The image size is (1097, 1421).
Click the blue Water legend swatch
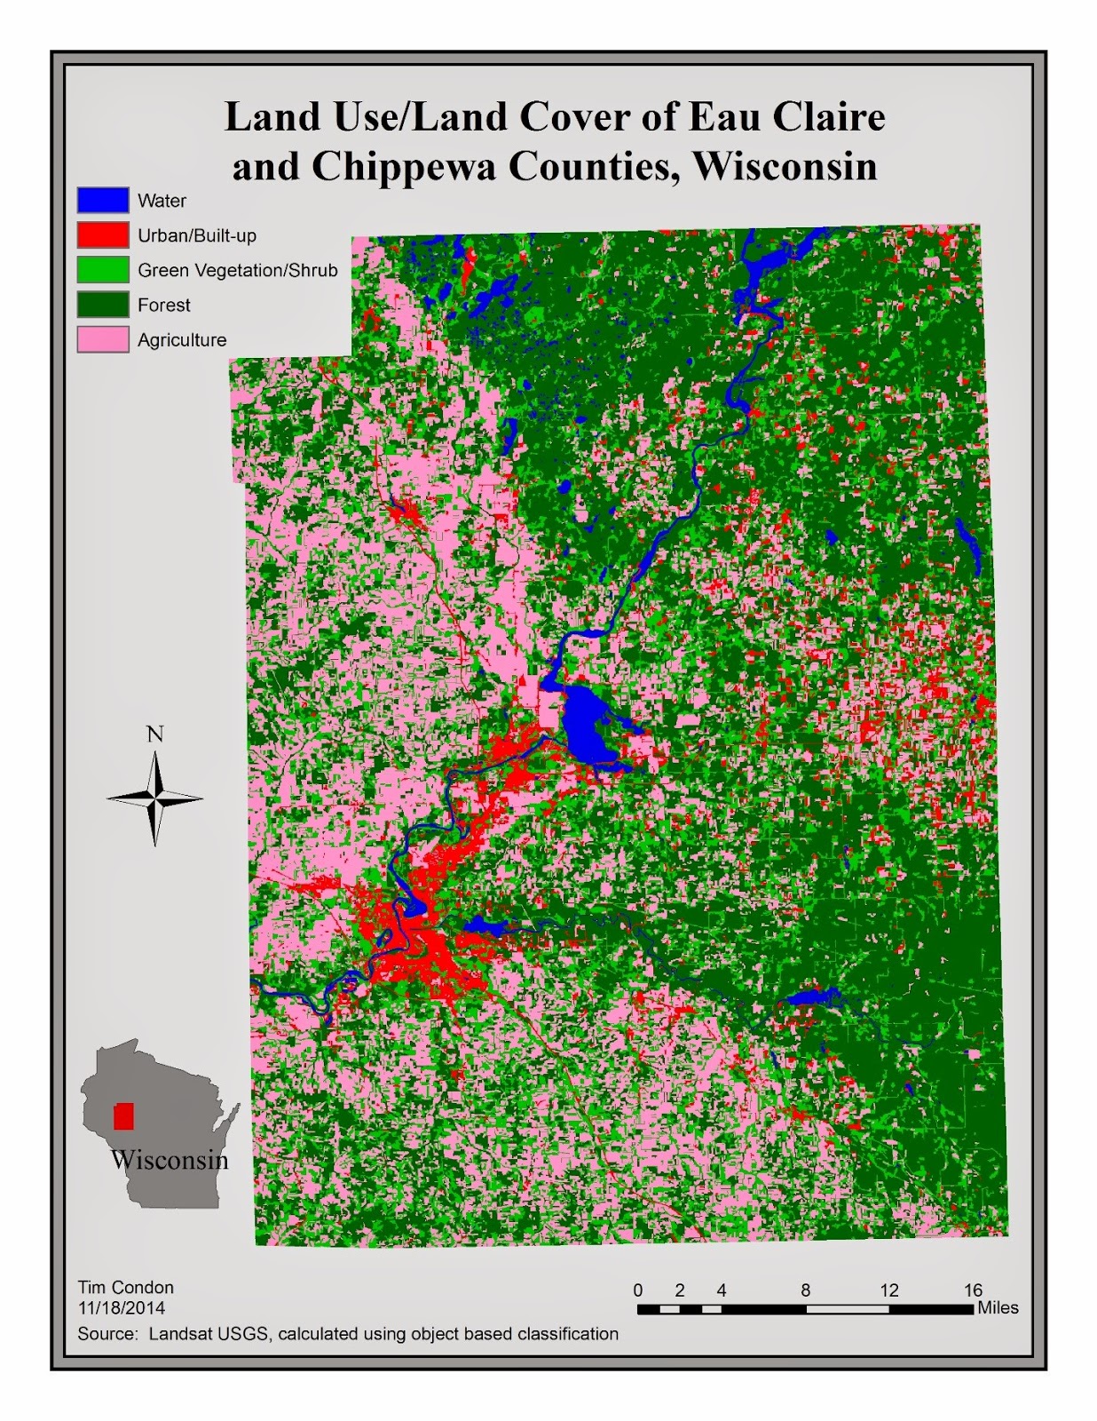click(103, 201)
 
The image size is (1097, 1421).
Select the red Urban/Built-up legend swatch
click(103, 235)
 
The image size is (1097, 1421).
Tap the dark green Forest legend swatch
click(103, 305)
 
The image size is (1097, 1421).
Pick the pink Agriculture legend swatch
click(103, 339)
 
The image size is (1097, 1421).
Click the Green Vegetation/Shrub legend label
click(237, 270)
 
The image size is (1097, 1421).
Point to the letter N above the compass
click(155, 734)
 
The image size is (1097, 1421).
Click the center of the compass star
click(155, 798)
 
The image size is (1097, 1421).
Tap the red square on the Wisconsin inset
click(123, 1116)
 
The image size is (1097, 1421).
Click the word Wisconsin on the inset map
click(170, 1160)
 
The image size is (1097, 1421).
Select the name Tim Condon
click(125, 1287)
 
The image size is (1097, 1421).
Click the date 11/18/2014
click(121, 1307)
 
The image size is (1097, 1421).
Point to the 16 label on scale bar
click(973, 1290)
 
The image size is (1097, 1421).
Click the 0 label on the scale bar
click(638, 1290)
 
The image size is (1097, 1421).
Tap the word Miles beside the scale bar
click(998, 1308)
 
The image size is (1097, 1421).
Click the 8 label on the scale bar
click(806, 1290)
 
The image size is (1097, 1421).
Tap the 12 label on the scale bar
click(889, 1290)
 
